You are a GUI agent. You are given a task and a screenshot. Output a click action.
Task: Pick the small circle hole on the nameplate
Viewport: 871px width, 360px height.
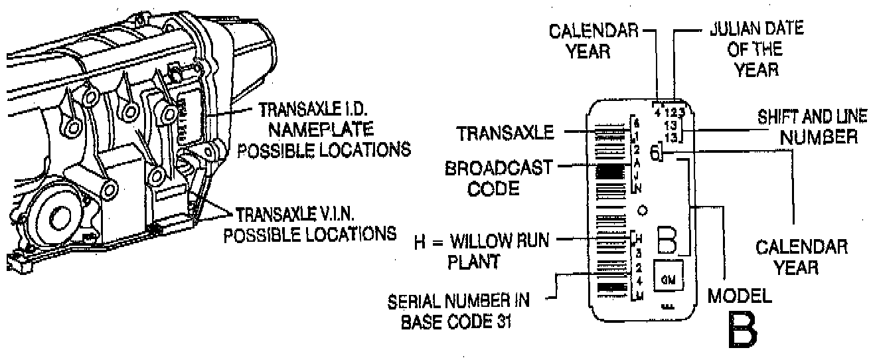coord(642,211)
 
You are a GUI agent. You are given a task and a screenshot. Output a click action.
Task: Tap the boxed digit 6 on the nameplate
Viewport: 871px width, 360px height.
coord(656,153)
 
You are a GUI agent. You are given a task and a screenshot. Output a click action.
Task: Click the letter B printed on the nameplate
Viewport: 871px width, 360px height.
coord(667,240)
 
